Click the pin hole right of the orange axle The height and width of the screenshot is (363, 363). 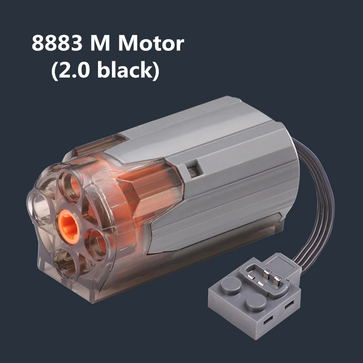pyautogui.click(x=96, y=240)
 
